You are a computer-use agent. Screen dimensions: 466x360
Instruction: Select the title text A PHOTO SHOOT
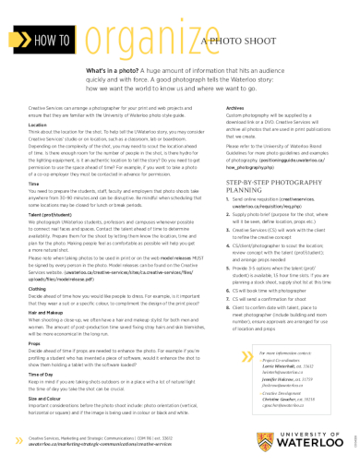click(x=238, y=42)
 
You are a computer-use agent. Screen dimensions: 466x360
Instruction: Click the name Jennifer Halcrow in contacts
click(x=270, y=377)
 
